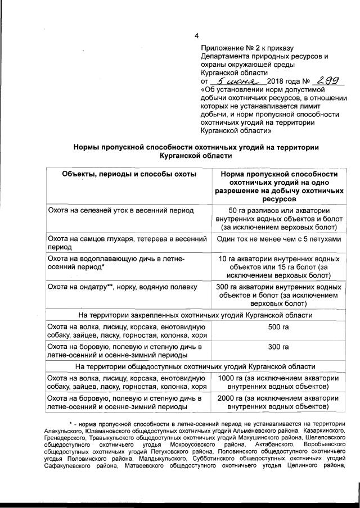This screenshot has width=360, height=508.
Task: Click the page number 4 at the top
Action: click(196, 22)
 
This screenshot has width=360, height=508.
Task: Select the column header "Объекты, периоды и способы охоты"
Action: click(129, 174)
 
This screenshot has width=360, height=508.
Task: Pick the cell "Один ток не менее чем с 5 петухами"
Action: click(279, 239)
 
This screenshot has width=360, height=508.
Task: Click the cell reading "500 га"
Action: click(279, 327)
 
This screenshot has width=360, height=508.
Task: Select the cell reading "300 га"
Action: click(279, 347)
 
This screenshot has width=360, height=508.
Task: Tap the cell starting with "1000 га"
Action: click(279, 382)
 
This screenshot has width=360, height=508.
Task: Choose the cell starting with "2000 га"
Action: click(279, 402)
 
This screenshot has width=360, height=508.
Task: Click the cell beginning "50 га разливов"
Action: click(279, 219)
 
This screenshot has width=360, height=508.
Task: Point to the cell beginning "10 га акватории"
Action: click(279, 267)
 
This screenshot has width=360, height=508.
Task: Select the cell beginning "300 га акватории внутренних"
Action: click(279, 296)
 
